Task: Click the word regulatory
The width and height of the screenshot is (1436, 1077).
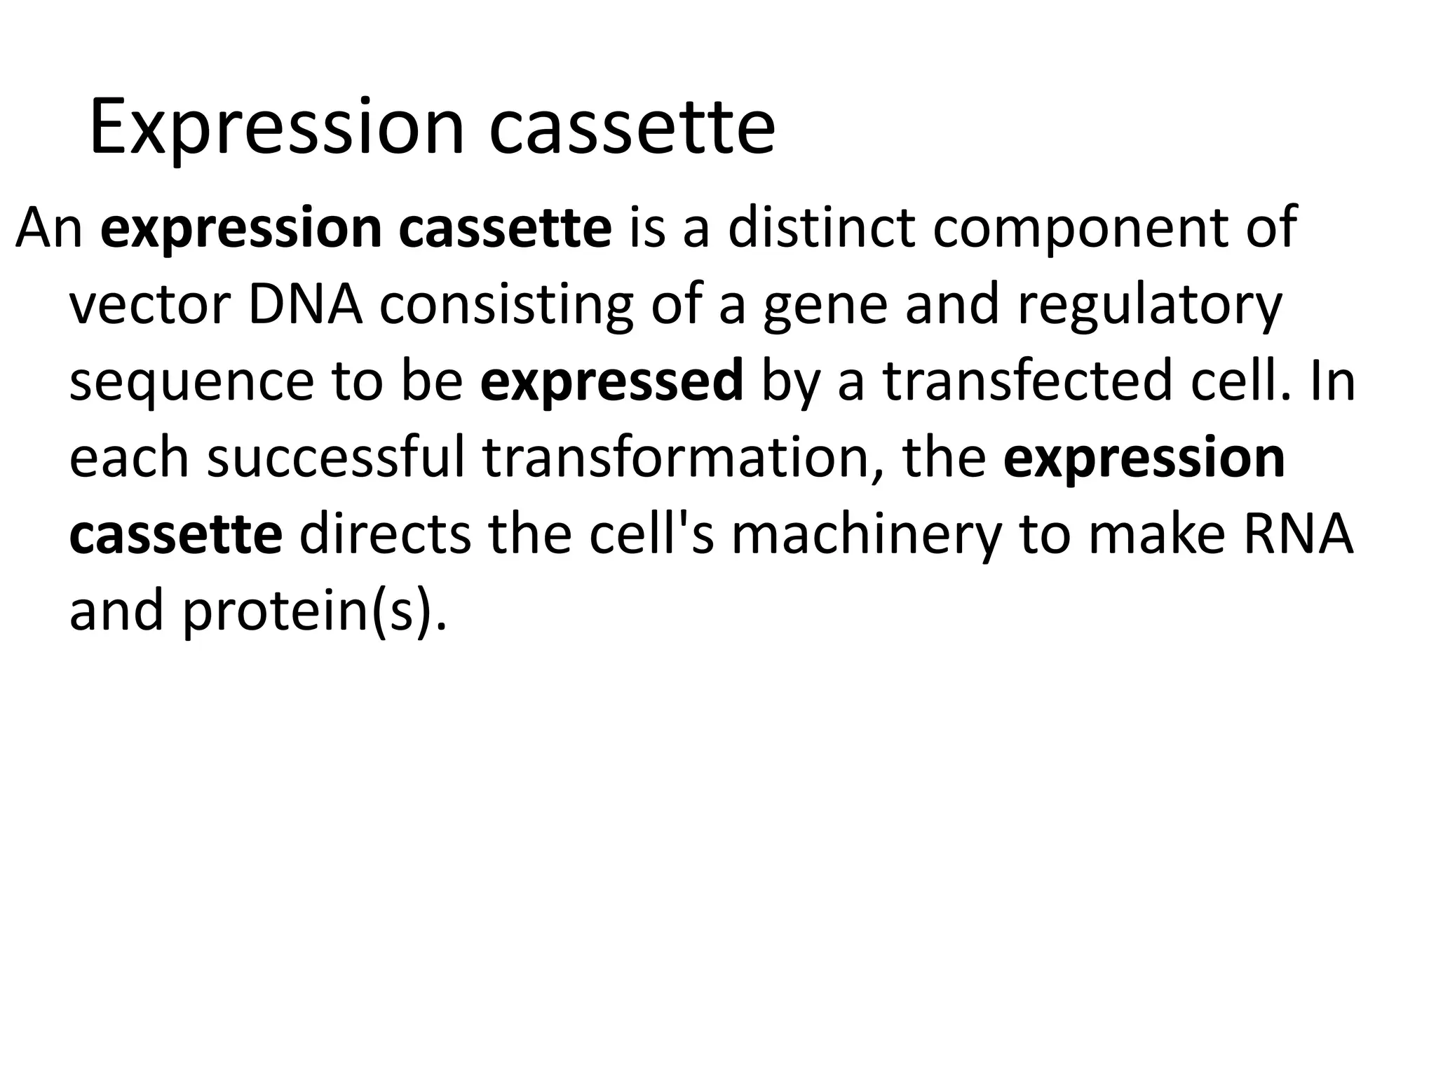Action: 1150,306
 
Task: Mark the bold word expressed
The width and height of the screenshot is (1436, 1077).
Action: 611,383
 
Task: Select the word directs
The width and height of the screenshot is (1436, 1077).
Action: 384,534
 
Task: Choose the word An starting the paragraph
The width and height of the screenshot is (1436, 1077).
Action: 49,229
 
